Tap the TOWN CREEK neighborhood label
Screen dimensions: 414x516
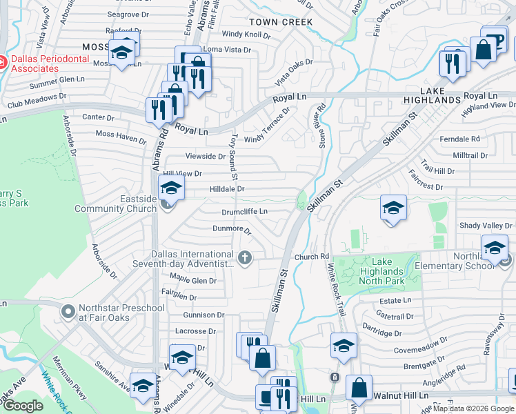[281, 22]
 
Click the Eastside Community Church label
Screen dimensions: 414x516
[115, 204]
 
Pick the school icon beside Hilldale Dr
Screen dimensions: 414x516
[171, 188]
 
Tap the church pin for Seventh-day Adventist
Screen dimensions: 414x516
[244, 258]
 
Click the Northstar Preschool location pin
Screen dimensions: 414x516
[68, 312]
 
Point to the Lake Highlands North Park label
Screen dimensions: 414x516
[391, 271]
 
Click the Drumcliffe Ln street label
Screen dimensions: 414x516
[244, 212]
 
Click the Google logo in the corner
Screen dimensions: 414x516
[23, 406]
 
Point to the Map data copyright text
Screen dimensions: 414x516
[473, 408]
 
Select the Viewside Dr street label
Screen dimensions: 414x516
[205, 157]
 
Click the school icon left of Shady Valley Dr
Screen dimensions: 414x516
[393, 209]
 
